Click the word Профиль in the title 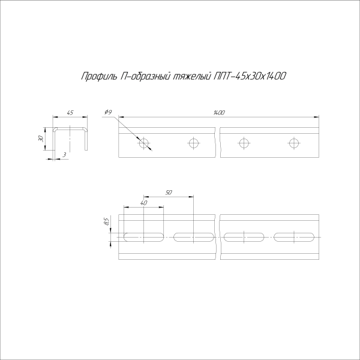96,76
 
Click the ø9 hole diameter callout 108,113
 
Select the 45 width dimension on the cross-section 70,113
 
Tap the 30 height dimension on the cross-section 41,139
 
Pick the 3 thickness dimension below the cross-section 64,155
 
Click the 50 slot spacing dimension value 169,192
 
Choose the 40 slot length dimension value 143,203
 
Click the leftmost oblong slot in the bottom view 143,236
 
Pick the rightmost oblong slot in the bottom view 293,236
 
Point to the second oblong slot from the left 193,236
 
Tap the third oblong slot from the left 244,236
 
